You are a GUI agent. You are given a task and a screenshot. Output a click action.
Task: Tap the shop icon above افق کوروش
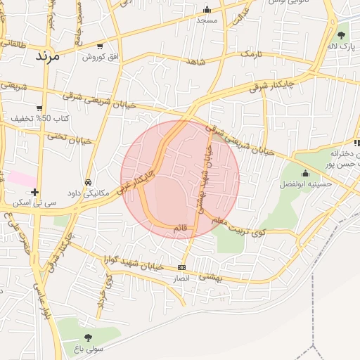pos(99,46)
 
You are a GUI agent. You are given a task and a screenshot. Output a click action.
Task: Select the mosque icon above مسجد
pos(207,10)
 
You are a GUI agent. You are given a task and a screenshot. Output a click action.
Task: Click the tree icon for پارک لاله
pos(342,34)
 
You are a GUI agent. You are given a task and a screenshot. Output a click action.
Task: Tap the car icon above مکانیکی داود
pos(88,181)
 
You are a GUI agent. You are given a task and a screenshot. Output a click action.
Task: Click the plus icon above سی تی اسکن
pos(35,192)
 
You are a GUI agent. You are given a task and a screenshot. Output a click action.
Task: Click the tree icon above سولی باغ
pos(88,337)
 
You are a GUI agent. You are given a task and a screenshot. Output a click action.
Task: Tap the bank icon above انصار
pos(182,267)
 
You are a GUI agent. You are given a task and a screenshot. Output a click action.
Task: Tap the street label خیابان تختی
pos(70,138)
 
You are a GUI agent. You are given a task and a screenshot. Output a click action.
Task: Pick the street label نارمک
pos(250,54)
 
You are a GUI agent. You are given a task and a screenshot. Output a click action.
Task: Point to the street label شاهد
pos(195,62)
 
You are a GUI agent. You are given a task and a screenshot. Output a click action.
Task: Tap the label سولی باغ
pos(89,349)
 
